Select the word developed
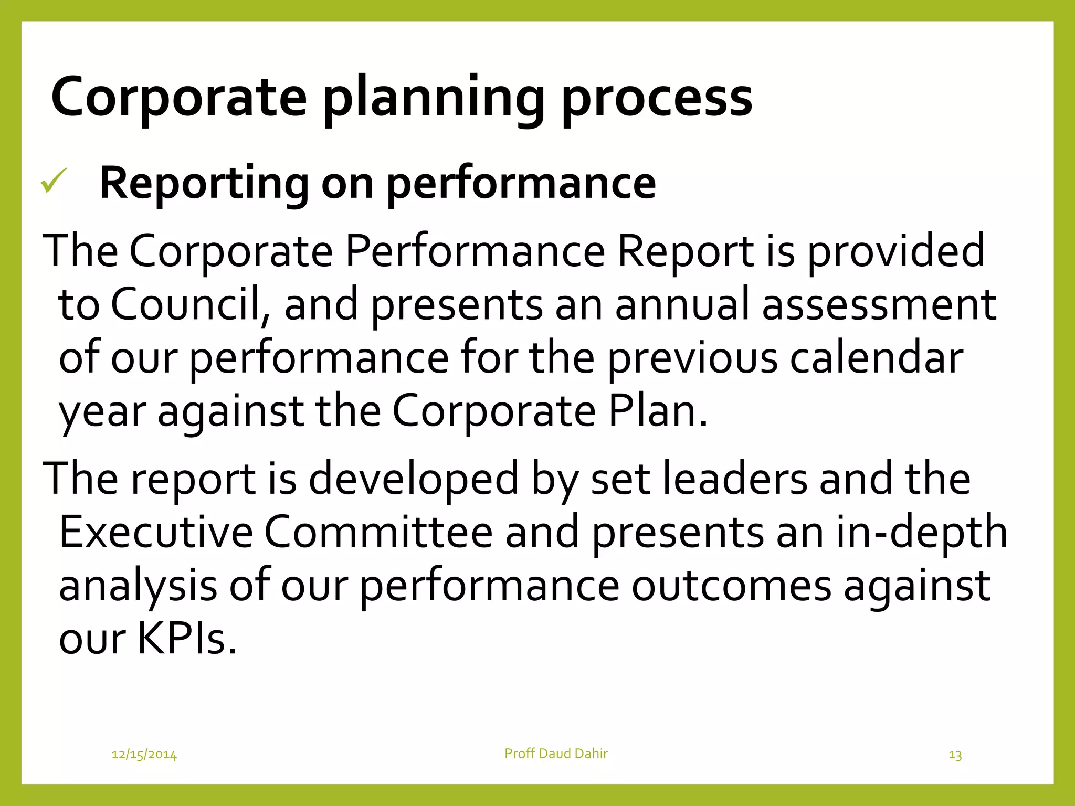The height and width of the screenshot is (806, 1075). coord(413,479)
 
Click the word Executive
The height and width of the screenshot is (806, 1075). coord(156,532)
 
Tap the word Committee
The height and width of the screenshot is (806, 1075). coord(378,532)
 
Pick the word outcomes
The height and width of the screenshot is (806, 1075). coord(731,586)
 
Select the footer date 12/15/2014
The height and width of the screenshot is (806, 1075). coord(144,755)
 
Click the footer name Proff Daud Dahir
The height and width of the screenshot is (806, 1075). coord(556,754)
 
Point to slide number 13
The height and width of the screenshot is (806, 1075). coord(955,755)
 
